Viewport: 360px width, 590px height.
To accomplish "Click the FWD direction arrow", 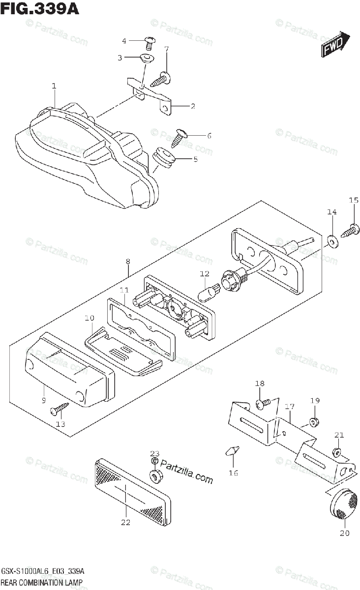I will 336,44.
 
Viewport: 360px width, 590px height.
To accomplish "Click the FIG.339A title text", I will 40,8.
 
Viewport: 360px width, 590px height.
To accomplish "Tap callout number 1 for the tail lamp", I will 54,86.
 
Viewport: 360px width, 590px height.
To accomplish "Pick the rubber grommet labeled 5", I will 163,157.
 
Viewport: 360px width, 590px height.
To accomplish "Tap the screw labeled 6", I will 180,136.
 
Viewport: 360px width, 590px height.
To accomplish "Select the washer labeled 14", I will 332,240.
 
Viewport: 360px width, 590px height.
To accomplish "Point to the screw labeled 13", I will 62,407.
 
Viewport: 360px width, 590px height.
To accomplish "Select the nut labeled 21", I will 337,451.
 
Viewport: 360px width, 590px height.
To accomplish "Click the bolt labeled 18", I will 262,403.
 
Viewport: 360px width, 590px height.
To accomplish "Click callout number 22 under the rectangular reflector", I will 126,522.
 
